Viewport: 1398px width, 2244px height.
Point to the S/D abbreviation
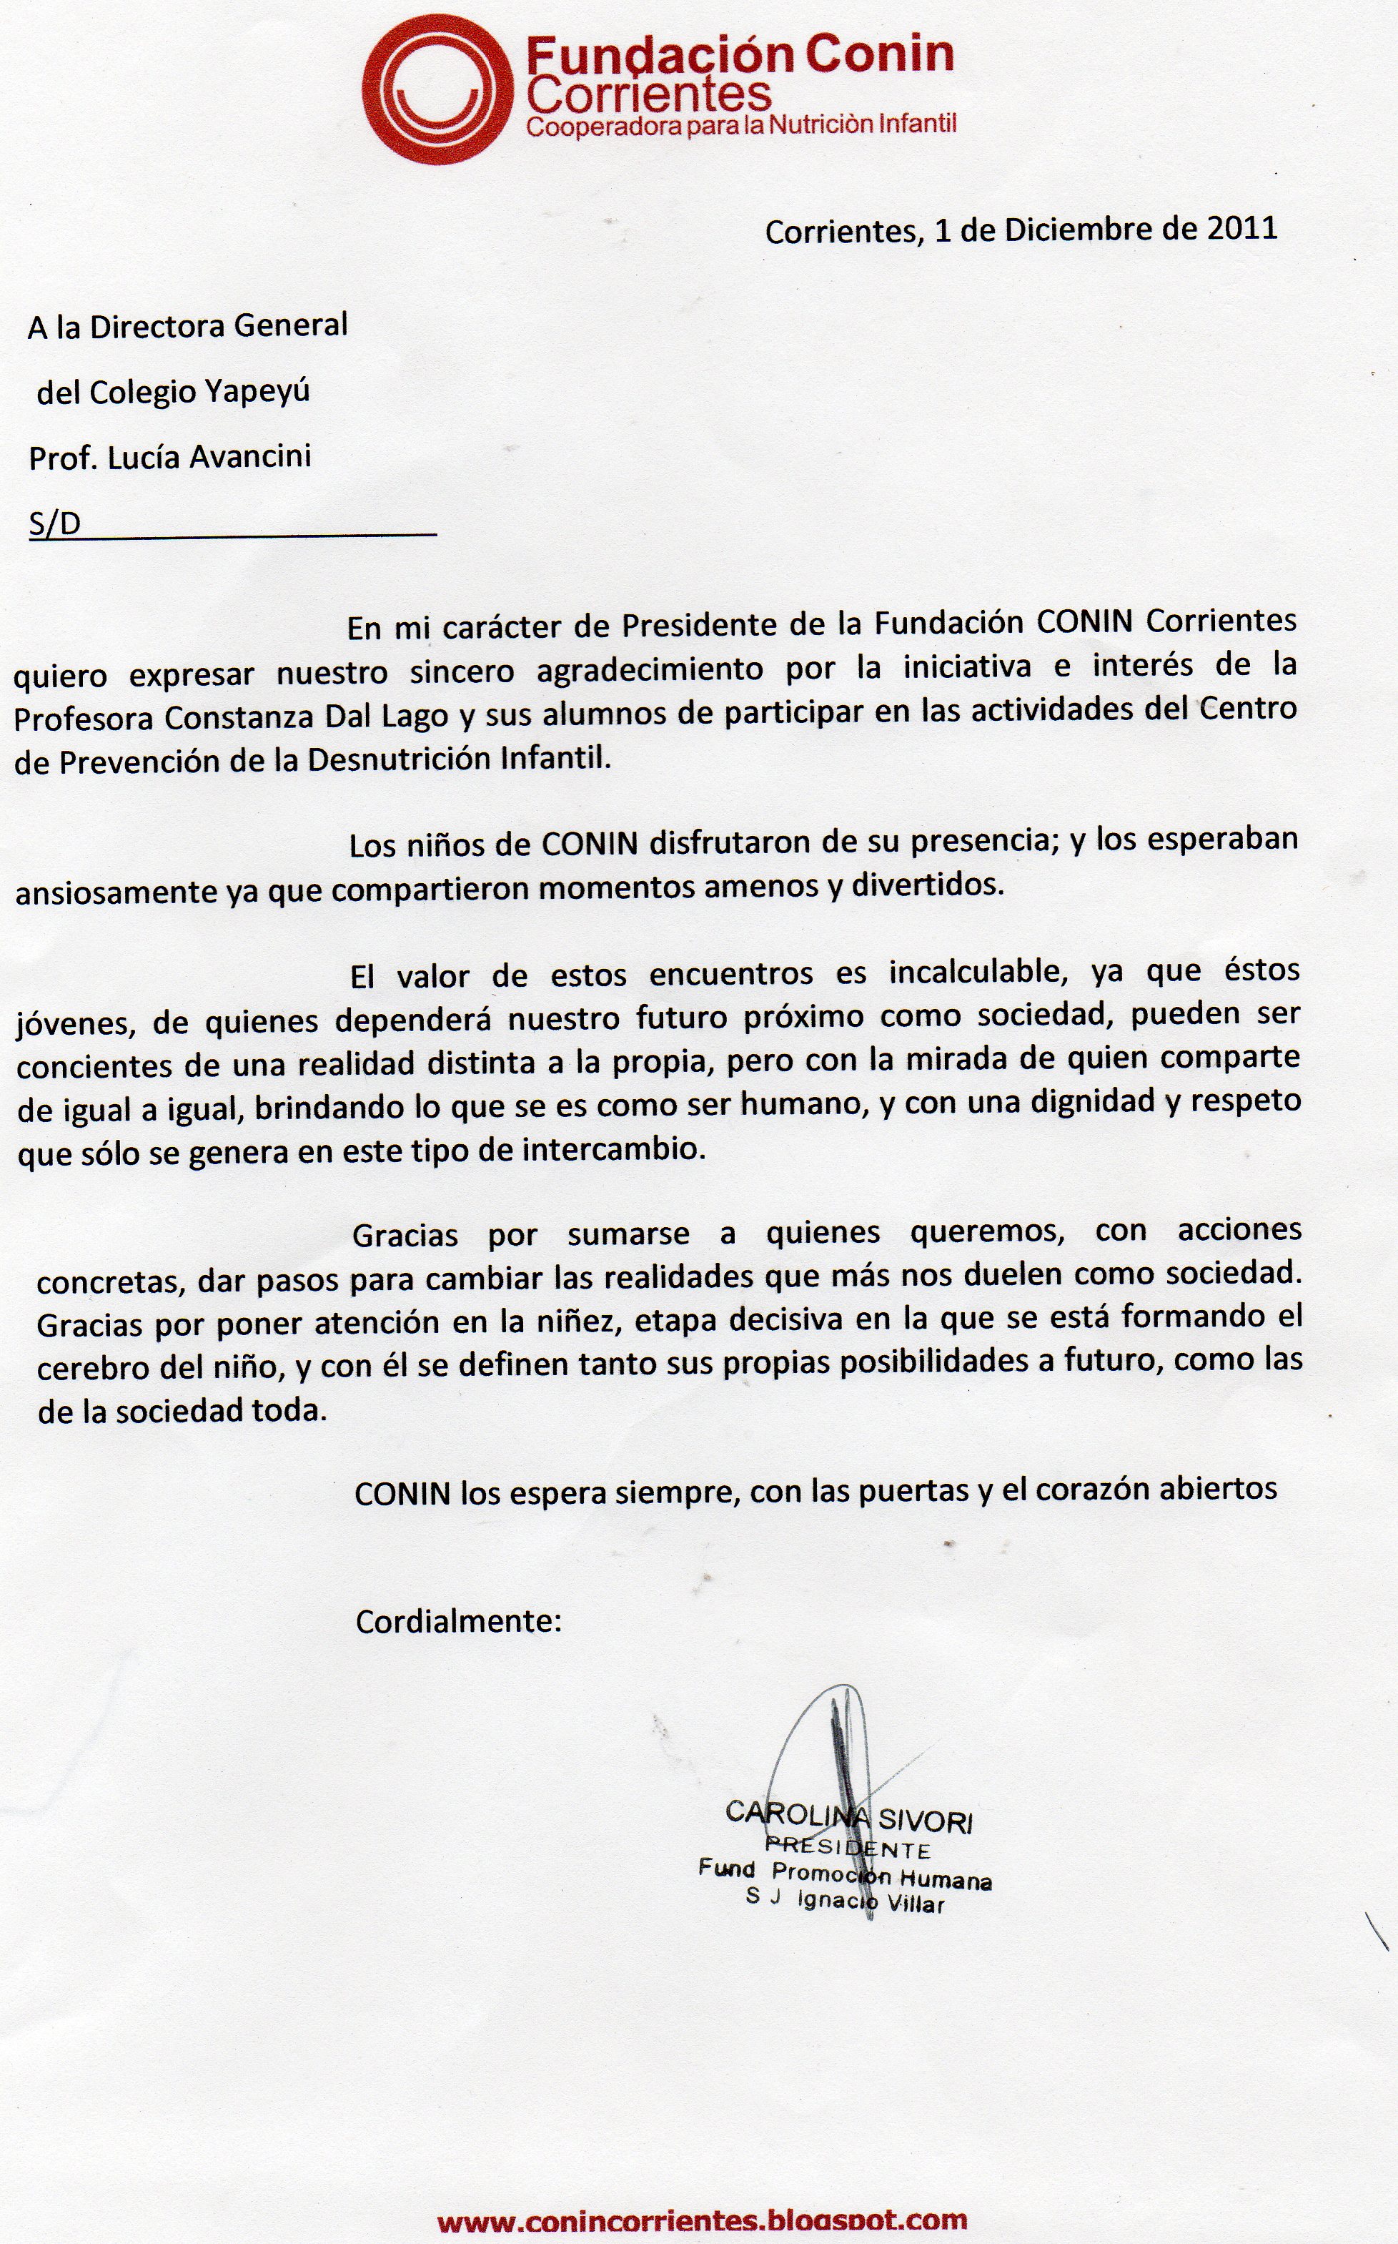point(54,523)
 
